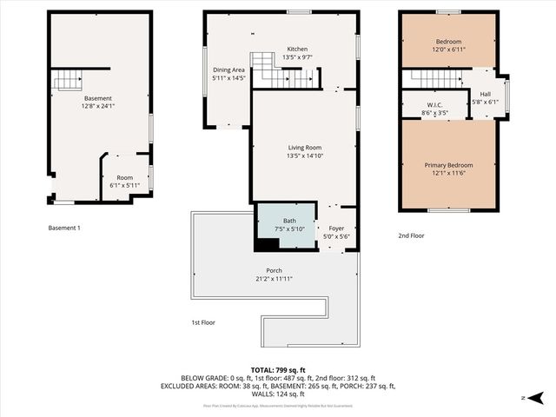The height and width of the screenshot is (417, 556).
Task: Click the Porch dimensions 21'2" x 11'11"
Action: [x=274, y=280]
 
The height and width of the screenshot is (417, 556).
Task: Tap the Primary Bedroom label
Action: [x=448, y=165]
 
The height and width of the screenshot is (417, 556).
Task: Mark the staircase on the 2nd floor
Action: [x=434, y=79]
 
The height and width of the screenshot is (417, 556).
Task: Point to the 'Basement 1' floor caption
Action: [x=64, y=228]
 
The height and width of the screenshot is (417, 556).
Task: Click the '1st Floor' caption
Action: [x=203, y=322]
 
